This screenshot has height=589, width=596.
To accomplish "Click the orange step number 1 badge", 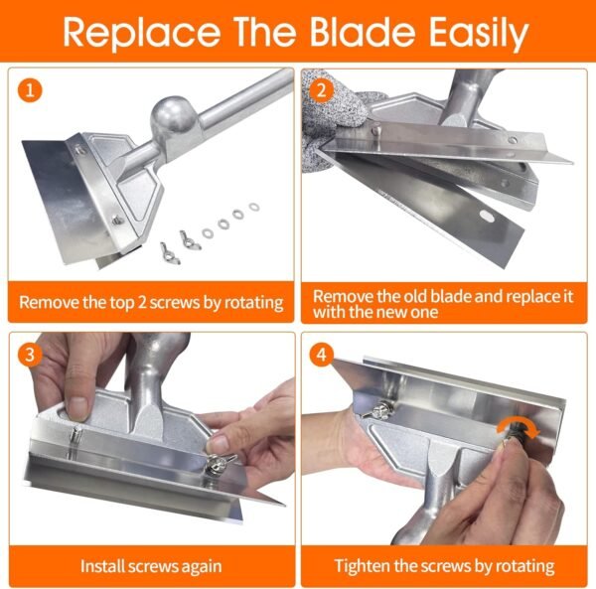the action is tap(30, 90).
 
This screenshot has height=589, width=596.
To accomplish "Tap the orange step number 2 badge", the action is tap(321, 90).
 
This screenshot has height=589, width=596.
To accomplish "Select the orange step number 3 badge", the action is tap(30, 355).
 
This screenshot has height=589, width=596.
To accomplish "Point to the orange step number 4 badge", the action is tap(322, 355).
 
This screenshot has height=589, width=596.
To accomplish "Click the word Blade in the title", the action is tap(363, 32).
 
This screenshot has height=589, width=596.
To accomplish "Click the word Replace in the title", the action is tap(142, 35).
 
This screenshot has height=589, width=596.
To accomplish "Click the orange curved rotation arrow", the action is tap(518, 427).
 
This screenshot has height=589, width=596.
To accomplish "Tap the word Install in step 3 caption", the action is tap(102, 566).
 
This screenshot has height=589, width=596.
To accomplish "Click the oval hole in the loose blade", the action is tap(487, 217).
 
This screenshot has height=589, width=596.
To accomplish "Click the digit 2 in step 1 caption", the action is tap(141, 303).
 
